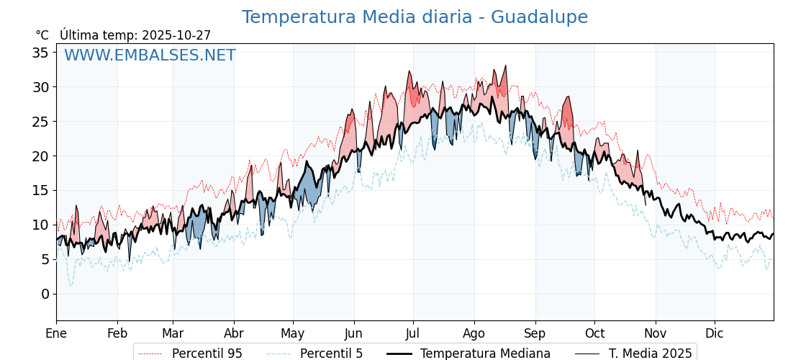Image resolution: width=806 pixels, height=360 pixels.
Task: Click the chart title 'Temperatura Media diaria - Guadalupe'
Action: coord(415,17)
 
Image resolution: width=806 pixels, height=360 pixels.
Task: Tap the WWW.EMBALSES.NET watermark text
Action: coord(150,55)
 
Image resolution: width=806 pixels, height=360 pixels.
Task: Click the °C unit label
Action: coord(42,35)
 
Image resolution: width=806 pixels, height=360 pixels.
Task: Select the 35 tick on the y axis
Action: coord(40,53)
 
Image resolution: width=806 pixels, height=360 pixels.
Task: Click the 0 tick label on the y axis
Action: coord(45,294)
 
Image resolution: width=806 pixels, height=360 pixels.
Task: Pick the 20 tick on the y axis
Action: coord(40,156)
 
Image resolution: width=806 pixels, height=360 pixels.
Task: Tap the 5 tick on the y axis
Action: coord(45,259)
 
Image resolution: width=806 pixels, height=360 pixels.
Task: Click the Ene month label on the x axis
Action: coord(56,333)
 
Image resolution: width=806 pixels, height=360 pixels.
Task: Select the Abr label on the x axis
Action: coord(234,333)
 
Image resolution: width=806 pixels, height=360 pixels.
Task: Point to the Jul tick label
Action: coord(413,333)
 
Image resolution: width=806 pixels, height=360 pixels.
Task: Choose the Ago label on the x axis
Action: coord(474,333)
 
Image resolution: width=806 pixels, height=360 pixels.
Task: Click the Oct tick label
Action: coord(594,333)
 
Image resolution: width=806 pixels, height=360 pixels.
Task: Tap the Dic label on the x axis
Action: coord(715,333)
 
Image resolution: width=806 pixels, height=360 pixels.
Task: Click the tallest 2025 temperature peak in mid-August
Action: coord(506,66)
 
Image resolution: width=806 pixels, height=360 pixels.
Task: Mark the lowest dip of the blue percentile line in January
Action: coord(71,285)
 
